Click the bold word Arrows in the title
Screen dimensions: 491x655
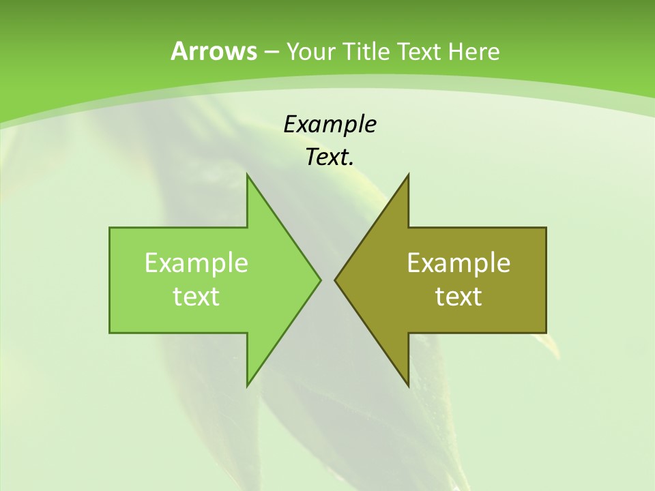[x=214, y=51]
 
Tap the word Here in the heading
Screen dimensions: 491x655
[x=474, y=51]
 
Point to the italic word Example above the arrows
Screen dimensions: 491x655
[x=330, y=124]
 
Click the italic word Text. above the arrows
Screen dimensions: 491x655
[x=330, y=157]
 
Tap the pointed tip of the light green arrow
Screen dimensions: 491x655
[x=320, y=280]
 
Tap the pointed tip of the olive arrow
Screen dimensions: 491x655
[x=335, y=280]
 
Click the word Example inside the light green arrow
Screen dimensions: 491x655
[x=196, y=263]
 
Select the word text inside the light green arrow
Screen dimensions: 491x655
[x=196, y=296]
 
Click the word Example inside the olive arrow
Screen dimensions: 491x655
[x=458, y=263]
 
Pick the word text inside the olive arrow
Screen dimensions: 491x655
[x=458, y=296]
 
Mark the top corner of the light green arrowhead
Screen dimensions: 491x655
[x=247, y=175]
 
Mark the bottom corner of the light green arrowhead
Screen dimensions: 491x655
[x=247, y=386]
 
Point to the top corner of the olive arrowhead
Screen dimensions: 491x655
[x=408, y=175]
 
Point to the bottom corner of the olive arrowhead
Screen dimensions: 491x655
[x=408, y=386]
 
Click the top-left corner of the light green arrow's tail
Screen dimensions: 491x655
[x=110, y=228]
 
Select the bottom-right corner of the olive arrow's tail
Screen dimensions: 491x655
[x=546, y=333]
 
